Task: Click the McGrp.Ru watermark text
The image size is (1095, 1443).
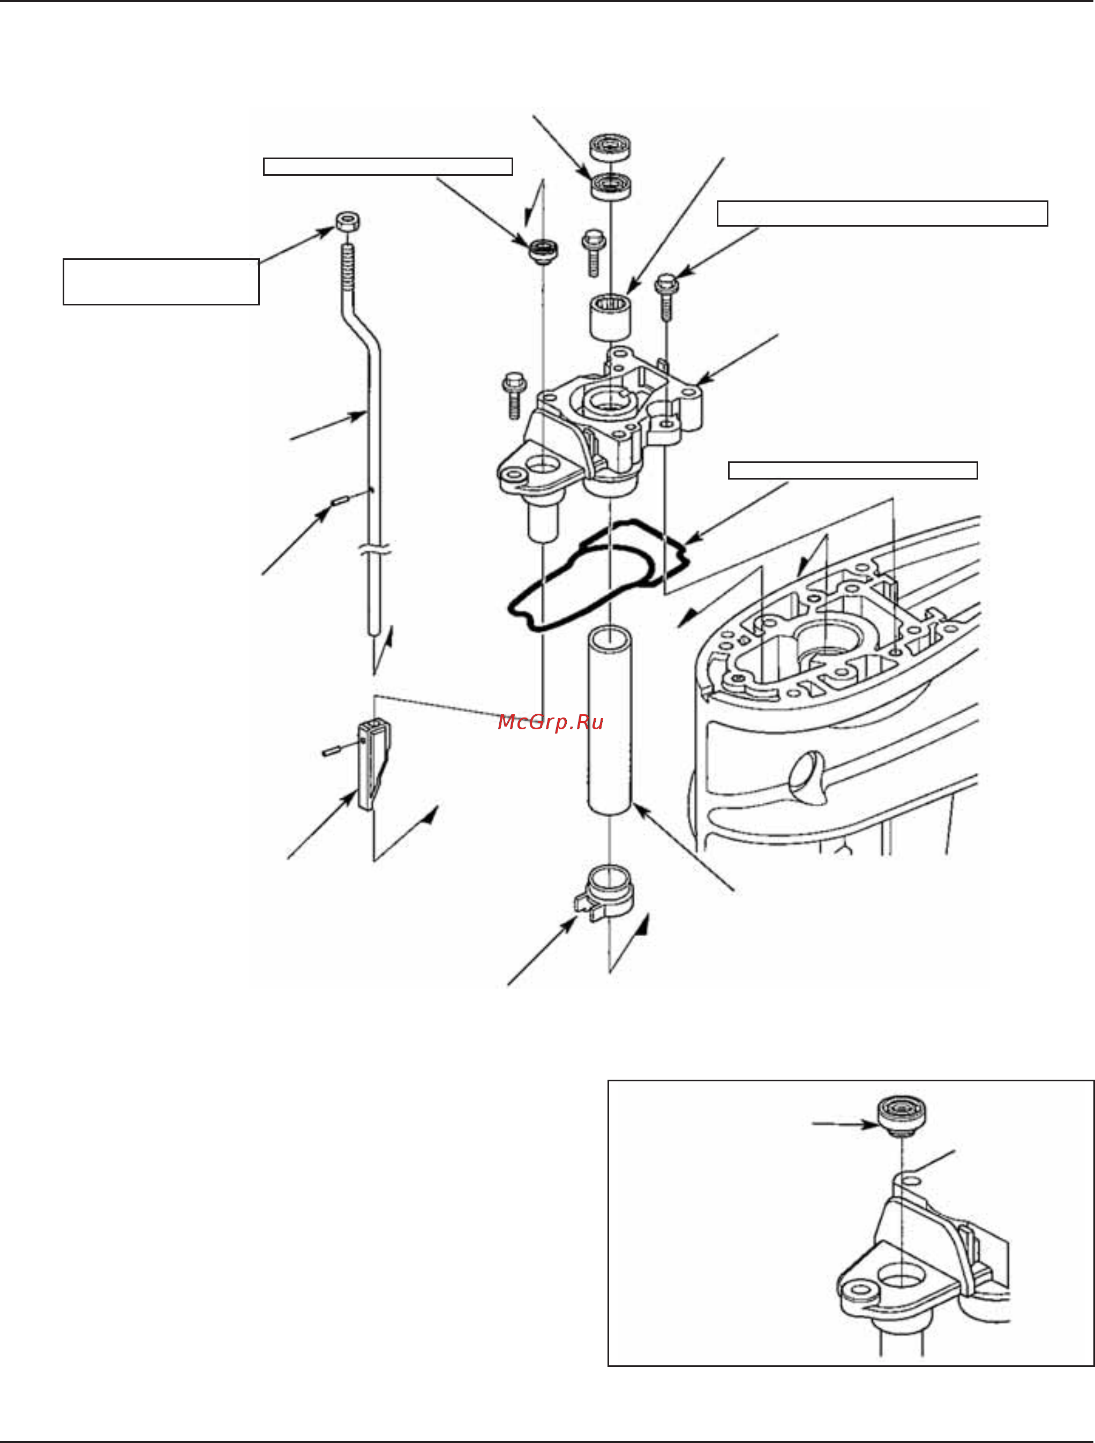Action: (x=550, y=722)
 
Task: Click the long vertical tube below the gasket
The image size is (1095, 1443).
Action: (x=610, y=720)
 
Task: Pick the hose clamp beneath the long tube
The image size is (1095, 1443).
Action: (x=605, y=894)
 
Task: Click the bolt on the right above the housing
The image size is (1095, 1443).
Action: (x=666, y=297)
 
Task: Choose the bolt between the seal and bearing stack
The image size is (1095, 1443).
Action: (x=594, y=252)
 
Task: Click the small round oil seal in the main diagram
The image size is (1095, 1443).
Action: (x=543, y=252)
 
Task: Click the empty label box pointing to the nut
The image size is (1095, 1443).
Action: (x=161, y=282)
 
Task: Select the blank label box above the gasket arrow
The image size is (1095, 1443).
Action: (x=852, y=470)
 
